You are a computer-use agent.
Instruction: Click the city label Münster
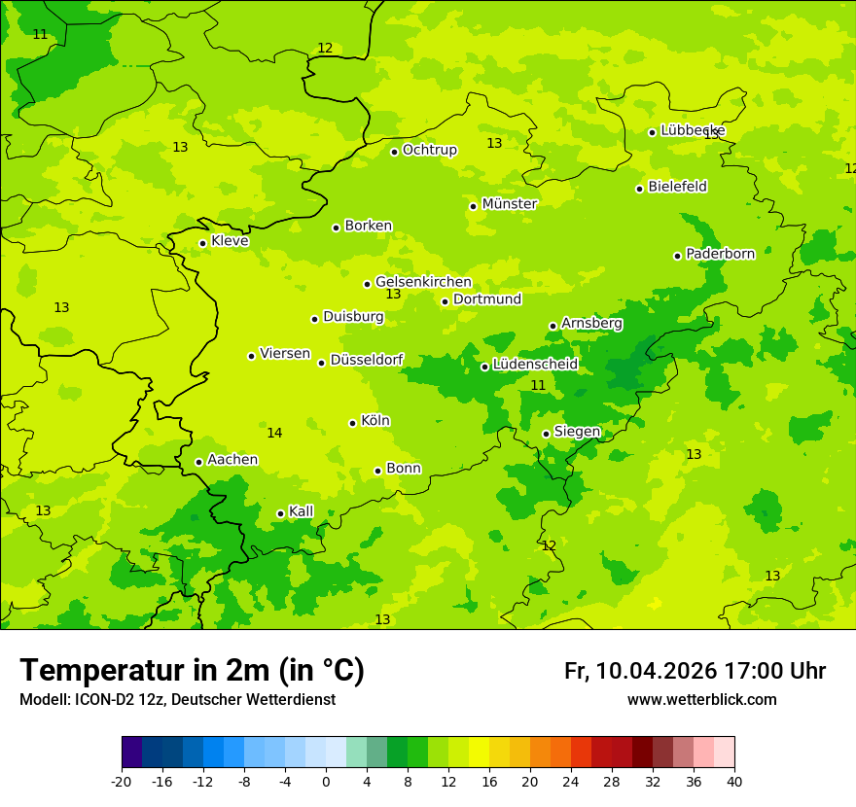click(510, 204)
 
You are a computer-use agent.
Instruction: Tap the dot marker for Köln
click(352, 423)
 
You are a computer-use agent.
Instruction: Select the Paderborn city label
click(720, 254)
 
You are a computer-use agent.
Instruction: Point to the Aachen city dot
click(198, 463)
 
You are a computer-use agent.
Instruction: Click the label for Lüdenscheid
click(535, 365)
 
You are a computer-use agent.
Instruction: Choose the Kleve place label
click(230, 241)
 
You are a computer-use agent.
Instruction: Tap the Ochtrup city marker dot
click(394, 152)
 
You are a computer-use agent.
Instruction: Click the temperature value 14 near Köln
click(274, 433)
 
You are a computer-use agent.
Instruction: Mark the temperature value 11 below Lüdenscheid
click(538, 385)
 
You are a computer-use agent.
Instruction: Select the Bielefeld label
click(677, 187)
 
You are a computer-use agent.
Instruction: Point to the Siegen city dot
click(546, 434)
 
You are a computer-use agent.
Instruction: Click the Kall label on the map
click(301, 511)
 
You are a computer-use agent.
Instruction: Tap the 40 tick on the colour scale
click(734, 782)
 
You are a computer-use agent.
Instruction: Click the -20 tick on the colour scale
click(122, 782)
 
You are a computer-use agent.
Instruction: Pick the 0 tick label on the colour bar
click(326, 782)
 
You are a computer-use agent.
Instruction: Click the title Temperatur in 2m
click(192, 670)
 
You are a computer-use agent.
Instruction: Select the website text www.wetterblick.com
click(701, 700)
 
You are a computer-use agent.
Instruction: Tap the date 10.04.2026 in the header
click(656, 671)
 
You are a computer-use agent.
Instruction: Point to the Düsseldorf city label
click(367, 360)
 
